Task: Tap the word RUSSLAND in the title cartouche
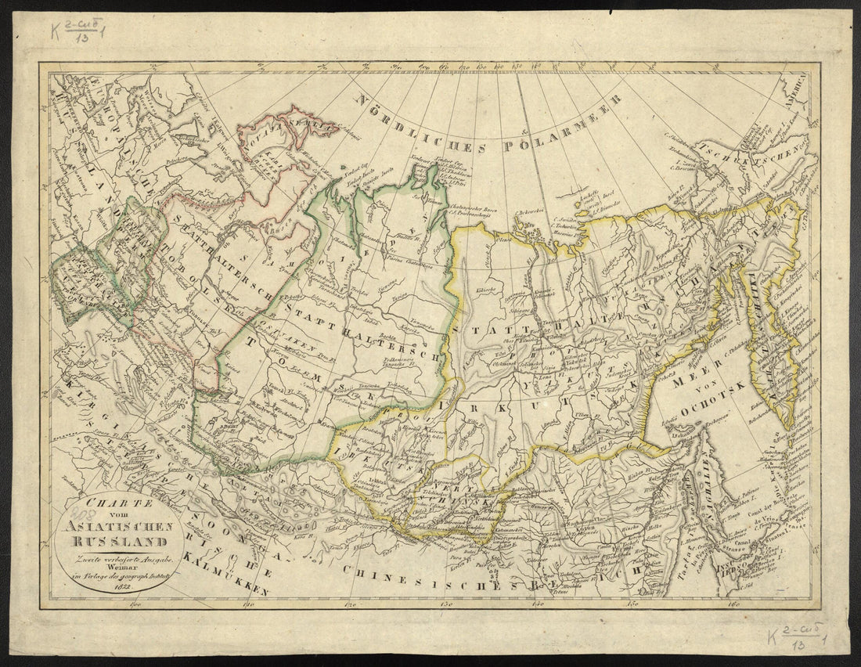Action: pos(121,540)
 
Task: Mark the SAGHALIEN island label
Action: pos(693,489)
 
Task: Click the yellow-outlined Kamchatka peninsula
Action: pos(771,352)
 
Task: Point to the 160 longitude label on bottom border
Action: pos(733,604)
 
